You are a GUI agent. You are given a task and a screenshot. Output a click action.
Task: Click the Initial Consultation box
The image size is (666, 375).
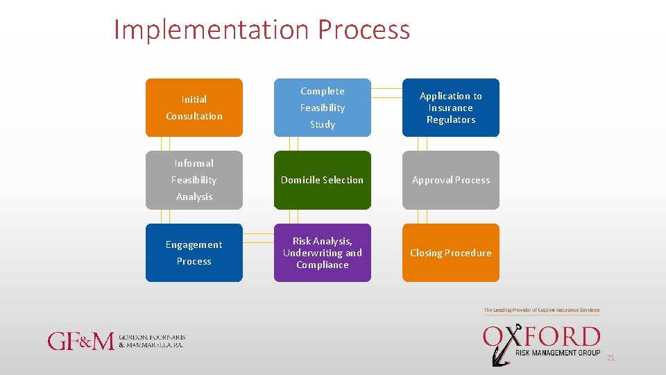pos(194,108)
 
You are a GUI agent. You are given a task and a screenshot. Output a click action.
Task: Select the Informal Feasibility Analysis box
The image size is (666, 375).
pos(194,180)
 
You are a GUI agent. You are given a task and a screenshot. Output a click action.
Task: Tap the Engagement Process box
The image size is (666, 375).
pos(194,253)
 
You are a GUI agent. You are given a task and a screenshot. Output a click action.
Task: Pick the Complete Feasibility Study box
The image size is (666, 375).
pos(323,108)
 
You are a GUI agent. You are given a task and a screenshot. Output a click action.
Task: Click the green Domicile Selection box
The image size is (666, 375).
pos(323,180)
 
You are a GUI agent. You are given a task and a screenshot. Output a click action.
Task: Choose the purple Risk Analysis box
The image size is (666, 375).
pos(323,253)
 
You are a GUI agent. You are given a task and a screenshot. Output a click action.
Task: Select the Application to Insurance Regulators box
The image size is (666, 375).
pos(451,108)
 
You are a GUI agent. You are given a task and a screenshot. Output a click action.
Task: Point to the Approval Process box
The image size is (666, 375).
pos(451,180)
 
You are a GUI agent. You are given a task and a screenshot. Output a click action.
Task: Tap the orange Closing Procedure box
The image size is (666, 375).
pos(451,253)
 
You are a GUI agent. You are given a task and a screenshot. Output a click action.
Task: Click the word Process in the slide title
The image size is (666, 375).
pos(364,30)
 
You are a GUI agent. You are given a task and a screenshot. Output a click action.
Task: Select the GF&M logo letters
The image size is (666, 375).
pos(80,341)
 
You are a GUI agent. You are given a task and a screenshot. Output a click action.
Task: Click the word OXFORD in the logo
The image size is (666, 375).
pos(542,337)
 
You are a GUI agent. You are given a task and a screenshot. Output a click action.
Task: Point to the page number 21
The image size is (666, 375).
pos(610,358)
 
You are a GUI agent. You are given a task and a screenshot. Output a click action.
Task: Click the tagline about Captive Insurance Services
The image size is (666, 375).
pos(542,310)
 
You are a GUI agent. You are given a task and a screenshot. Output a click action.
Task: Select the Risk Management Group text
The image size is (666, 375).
pos(558,353)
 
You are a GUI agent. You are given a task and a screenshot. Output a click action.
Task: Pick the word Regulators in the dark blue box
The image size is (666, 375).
pos(451,120)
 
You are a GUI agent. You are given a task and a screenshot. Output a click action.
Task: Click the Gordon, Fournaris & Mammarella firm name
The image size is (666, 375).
pos(152,341)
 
